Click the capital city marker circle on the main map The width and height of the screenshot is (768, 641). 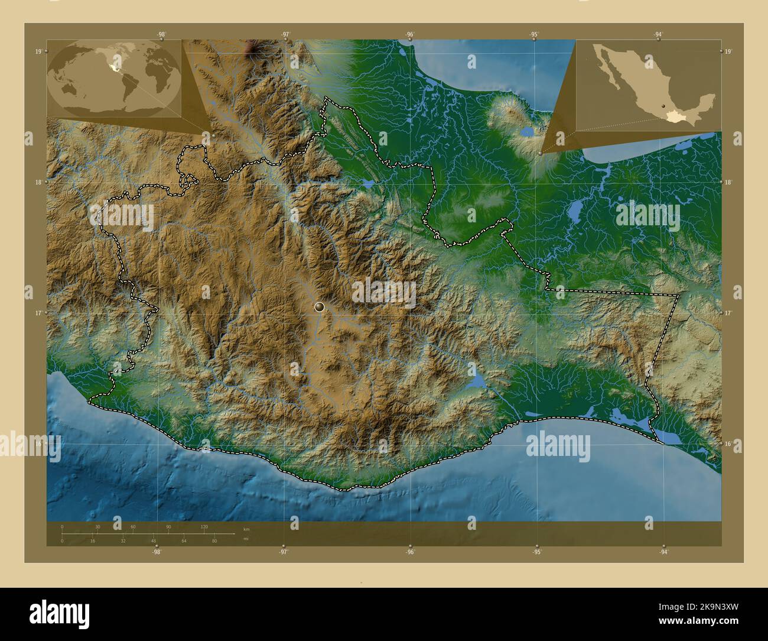point(320,306)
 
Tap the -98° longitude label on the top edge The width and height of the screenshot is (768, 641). point(161,34)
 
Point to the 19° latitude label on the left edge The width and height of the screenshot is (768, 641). point(38,52)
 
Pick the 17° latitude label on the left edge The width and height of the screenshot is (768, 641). point(38,313)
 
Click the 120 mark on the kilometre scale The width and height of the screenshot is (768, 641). point(204,526)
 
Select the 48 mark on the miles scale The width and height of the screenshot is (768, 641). point(153,540)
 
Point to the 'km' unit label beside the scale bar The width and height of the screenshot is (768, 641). point(246,529)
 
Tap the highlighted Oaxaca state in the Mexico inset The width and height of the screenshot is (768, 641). point(672,118)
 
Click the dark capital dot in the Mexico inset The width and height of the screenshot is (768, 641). point(663,116)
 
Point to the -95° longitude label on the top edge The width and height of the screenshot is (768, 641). point(534,34)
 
